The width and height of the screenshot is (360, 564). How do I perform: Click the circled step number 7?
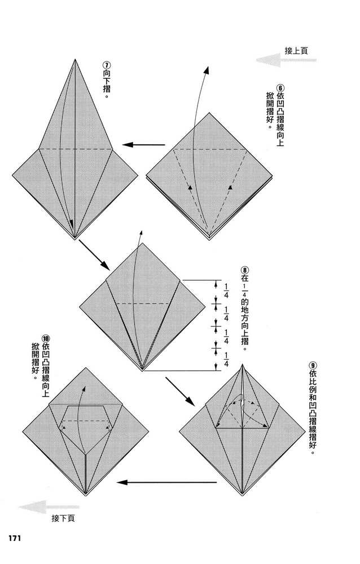pyautogui.click(x=107, y=65)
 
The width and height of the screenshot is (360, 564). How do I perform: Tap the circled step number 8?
pyautogui.click(x=244, y=270)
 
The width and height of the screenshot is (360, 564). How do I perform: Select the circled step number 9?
pyautogui.click(x=312, y=365)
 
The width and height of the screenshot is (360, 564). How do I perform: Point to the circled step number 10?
pyautogui.click(x=46, y=339)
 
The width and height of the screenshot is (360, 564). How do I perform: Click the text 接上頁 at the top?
pyautogui.click(x=296, y=51)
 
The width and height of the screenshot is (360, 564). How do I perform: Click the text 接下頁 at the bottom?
pyautogui.click(x=63, y=518)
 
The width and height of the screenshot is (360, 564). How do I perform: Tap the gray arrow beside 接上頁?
pyautogui.click(x=286, y=60)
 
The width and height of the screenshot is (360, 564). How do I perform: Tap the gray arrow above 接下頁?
pyautogui.click(x=49, y=507)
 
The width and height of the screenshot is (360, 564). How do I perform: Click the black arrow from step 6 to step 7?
pyautogui.click(x=143, y=144)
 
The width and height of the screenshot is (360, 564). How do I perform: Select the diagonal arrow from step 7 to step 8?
pyautogui.click(x=94, y=254)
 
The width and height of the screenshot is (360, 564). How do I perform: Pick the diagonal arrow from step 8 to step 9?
pyautogui.click(x=180, y=391)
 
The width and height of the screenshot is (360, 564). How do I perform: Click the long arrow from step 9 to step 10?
pyautogui.click(x=166, y=482)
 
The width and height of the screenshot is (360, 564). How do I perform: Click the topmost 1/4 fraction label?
pyautogui.click(x=226, y=290)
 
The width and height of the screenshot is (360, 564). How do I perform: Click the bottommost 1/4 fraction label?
pyautogui.click(x=226, y=360)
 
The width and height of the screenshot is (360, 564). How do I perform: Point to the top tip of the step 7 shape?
pyautogui.click(x=75, y=59)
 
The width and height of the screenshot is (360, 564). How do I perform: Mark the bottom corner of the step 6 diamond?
pyautogui.click(x=209, y=239)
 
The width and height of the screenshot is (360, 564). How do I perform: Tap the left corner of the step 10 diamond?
pyautogui.click(x=23, y=431)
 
